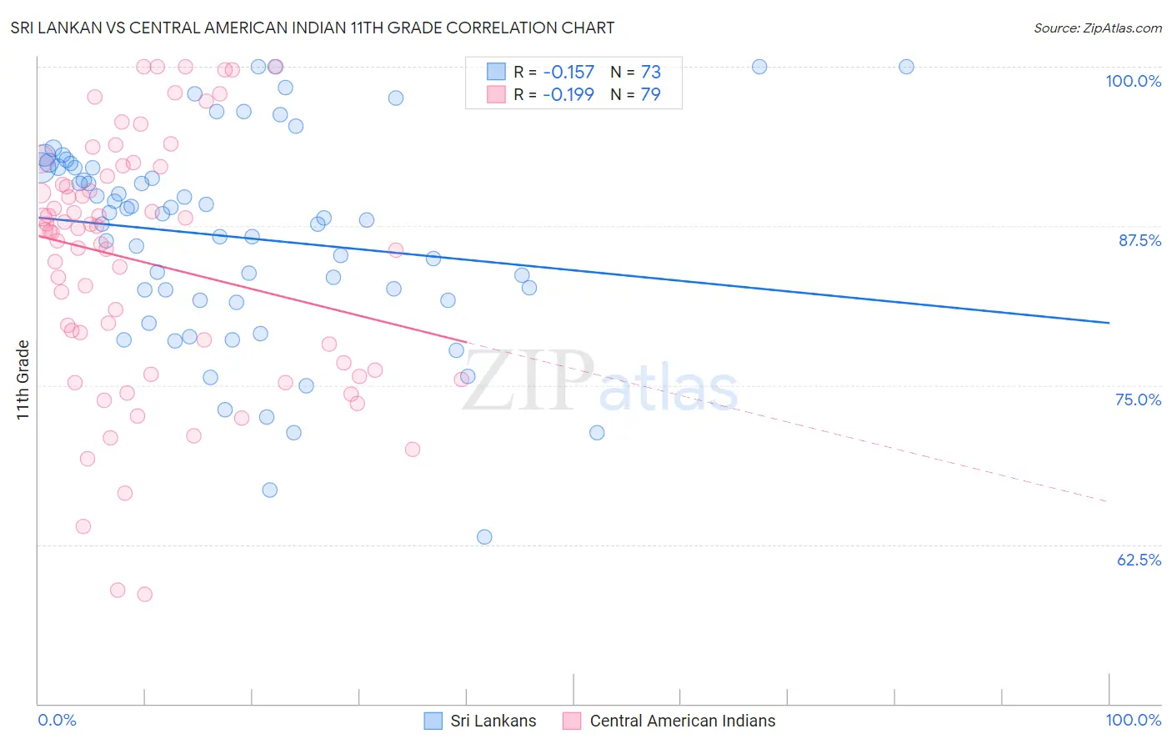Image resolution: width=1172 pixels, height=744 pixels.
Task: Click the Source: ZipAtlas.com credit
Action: click(x=1097, y=28)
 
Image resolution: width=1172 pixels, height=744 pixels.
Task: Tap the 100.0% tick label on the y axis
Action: click(x=1133, y=81)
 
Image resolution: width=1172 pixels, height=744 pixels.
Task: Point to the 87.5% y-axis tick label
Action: click(x=1139, y=240)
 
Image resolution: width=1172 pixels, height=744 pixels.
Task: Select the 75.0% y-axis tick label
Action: click(x=1138, y=400)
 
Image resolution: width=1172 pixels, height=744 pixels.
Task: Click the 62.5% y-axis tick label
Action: click(x=1139, y=560)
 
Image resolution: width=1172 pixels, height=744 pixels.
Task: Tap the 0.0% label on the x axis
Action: click(x=57, y=720)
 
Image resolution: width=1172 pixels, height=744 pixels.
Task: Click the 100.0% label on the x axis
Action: click(x=1133, y=720)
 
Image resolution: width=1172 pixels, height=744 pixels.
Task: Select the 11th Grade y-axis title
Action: click(x=23, y=380)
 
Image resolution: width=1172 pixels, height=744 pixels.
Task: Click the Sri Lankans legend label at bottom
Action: click(x=493, y=721)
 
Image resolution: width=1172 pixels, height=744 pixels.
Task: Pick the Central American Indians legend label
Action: click(x=682, y=721)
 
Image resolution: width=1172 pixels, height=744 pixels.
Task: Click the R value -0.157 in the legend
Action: click(x=568, y=72)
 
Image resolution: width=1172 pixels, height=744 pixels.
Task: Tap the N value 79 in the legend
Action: click(x=650, y=94)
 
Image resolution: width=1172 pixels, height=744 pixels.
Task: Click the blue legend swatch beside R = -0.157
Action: click(x=496, y=72)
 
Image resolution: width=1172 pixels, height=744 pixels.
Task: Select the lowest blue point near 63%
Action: click(x=484, y=537)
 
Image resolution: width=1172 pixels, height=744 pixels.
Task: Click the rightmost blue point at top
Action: click(x=906, y=67)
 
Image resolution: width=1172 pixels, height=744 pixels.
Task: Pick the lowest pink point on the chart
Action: click(x=144, y=595)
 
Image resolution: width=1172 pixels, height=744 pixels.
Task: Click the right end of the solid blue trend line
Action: click(x=1109, y=323)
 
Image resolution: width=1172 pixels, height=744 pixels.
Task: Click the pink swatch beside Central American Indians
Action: click(x=571, y=721)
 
